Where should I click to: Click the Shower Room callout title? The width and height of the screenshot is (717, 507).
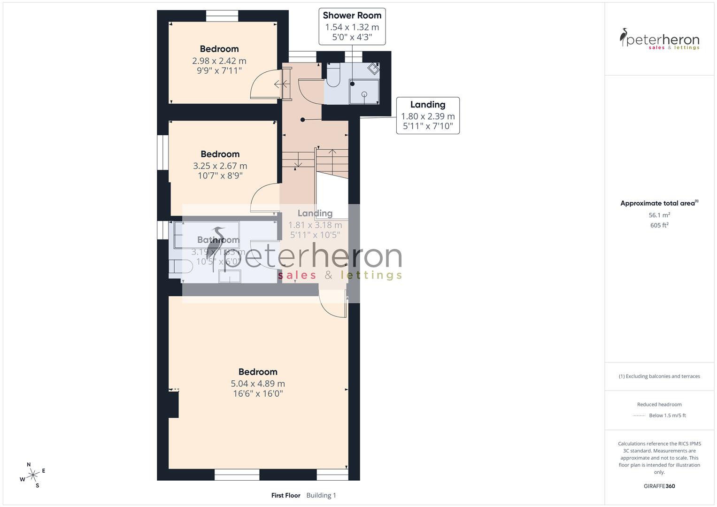352,15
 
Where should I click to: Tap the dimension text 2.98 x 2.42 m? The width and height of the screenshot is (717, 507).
219,61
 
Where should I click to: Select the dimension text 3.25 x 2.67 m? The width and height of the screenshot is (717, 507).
220,166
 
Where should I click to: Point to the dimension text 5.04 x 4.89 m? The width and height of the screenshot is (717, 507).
258,384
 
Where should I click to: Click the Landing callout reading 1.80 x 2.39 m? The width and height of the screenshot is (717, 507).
427,116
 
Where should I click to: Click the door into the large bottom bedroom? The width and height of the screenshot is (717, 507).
332,303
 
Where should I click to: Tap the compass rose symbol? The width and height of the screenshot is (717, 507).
33,475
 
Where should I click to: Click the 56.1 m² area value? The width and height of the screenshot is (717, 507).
659,215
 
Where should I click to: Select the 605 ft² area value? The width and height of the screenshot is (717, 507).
659,225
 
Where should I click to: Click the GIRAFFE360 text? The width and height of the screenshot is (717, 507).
659,486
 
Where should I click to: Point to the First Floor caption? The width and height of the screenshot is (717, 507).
285,495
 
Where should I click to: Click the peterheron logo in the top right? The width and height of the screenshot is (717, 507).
659,39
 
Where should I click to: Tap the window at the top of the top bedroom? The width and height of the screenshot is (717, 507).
222,16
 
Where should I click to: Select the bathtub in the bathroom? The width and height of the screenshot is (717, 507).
207,235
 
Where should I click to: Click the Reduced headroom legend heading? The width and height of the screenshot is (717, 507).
659,405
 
